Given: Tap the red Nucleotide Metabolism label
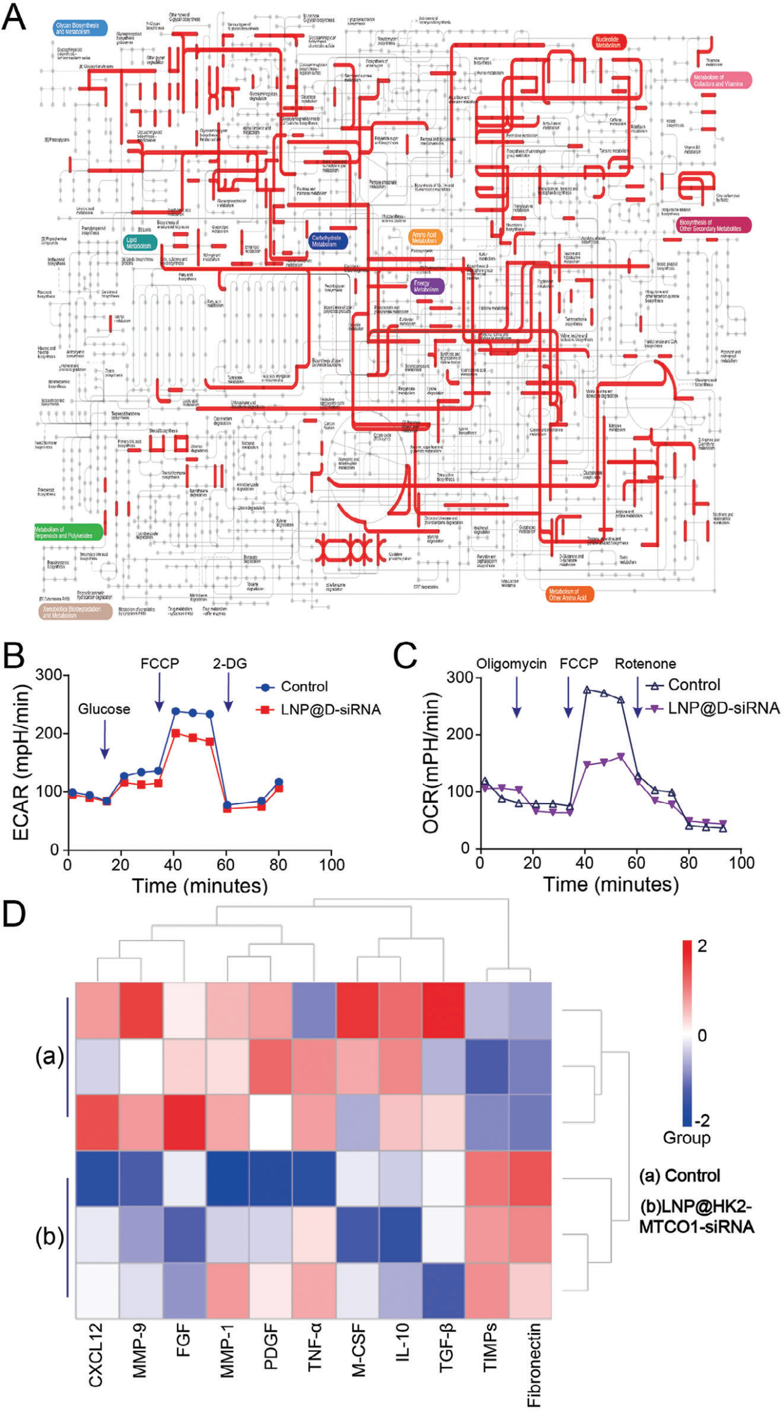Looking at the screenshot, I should click(609, 42).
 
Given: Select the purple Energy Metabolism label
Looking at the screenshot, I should click(426, 286).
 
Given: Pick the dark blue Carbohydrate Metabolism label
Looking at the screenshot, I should click(327, 241).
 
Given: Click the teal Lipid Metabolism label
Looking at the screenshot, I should click(139, 243).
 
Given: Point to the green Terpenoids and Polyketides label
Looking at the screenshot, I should click(67, 532).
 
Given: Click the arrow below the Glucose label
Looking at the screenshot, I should click(105, 739).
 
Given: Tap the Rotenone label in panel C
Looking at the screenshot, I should click(645, 664).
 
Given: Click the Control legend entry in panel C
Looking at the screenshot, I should click(683, 685).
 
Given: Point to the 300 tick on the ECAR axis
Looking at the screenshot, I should click(48, 675).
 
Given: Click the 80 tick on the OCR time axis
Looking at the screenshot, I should click(689, 863).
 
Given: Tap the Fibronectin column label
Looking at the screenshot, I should click(533, 1364).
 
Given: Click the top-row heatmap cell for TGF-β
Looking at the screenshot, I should click(443, 1010).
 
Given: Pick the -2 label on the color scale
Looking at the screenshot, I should click(702, 1120).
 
